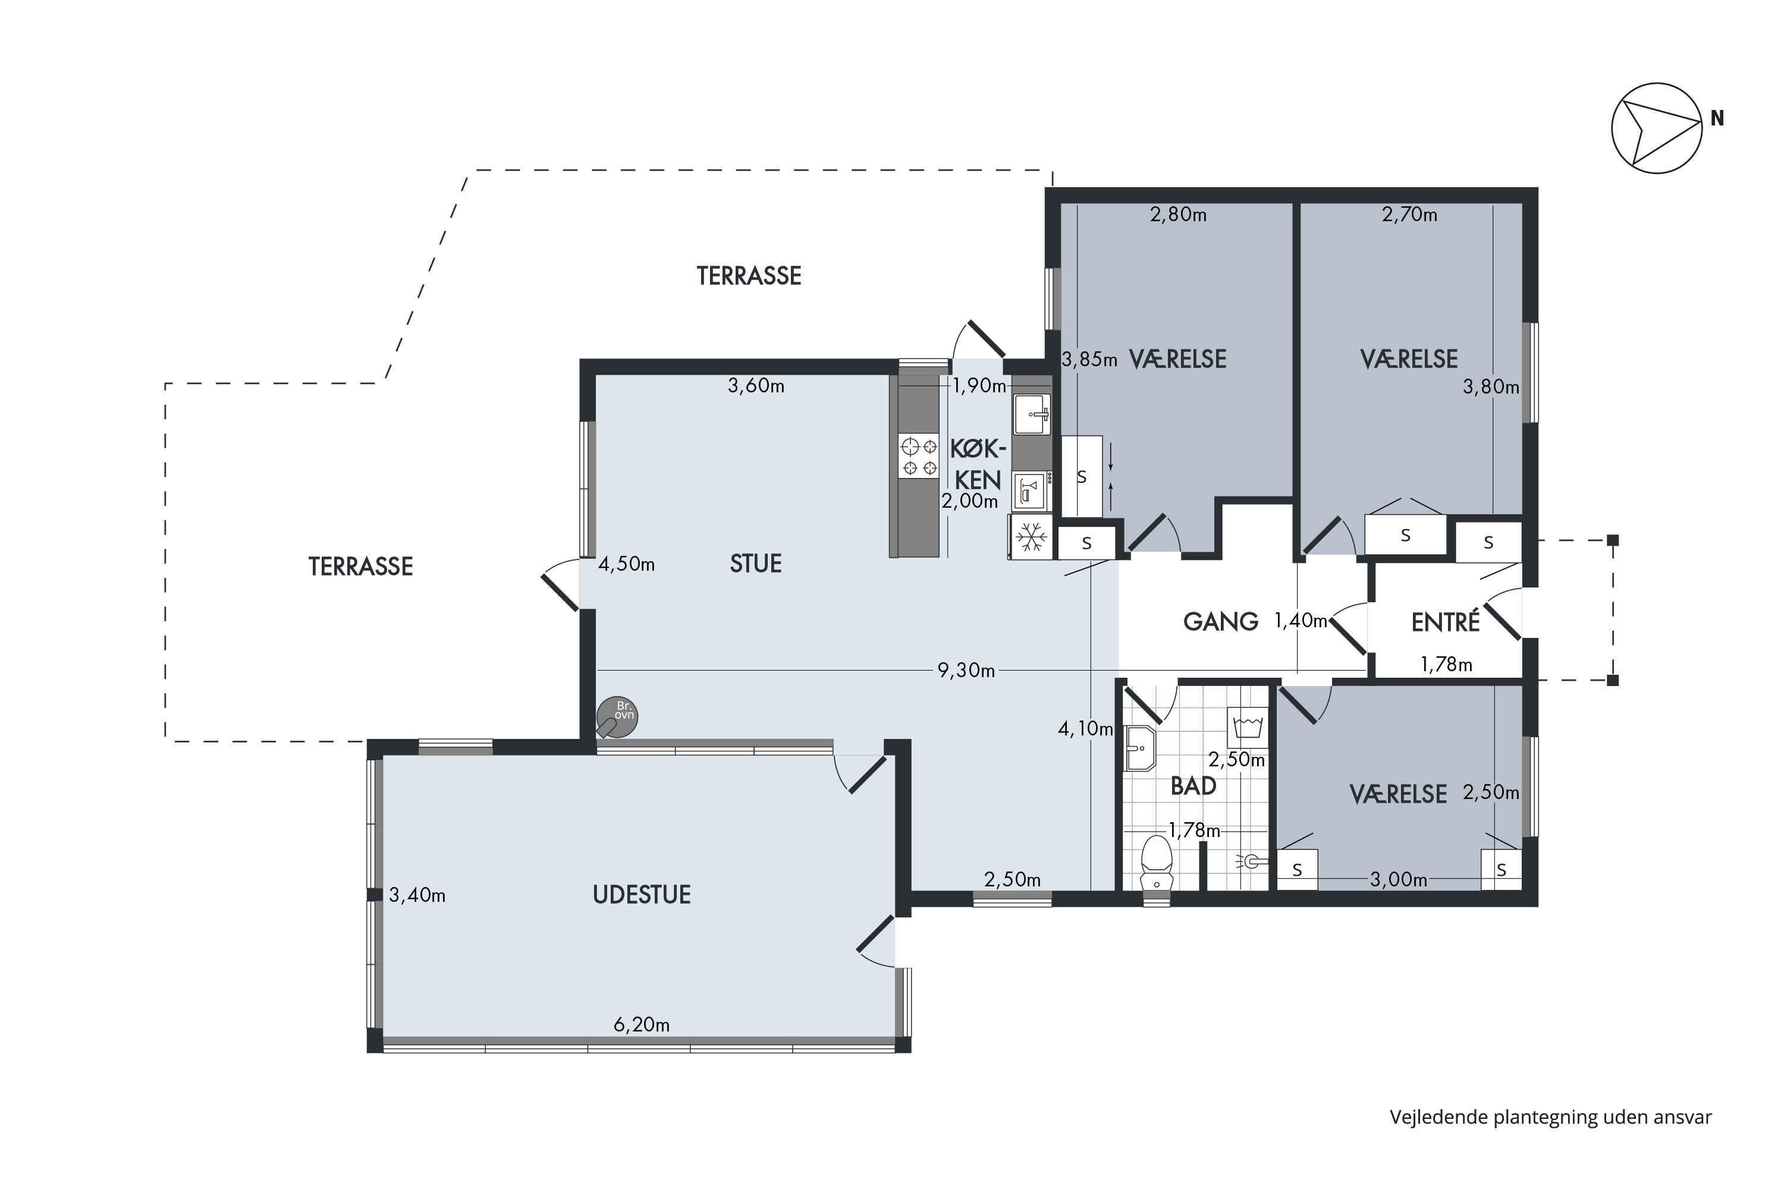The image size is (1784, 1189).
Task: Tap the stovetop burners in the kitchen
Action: [919, 456]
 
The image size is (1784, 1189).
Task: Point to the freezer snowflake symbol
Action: [1031, 537]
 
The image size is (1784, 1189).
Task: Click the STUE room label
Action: [755, 564]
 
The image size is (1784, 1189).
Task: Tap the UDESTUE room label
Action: [642, 895]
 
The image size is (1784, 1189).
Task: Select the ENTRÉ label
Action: [1445, 622]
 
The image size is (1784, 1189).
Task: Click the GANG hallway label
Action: [1220, 622]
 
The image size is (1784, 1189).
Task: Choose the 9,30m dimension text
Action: [966, 671]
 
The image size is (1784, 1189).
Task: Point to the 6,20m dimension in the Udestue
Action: [642, 1025]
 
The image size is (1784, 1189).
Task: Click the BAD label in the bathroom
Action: [1193, 785]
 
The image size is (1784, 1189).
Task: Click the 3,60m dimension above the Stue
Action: [756, 386]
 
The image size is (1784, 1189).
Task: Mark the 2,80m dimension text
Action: [1178, 215]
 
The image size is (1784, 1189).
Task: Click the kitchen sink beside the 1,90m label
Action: [1032, 414]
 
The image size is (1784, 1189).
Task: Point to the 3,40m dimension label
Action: [417, 895]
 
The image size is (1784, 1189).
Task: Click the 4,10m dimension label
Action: [1085, 729]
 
